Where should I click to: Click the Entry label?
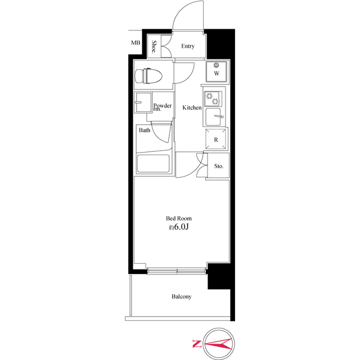(x=188, y=46)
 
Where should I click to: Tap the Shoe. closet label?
(x=154, y=46)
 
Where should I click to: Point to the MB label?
(x=136, y=43)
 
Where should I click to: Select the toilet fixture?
(x=148, y=76)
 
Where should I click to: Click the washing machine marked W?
(x=216, y=71)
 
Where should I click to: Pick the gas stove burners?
(x=213, y=99)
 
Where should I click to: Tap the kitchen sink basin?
(x=213, y=117)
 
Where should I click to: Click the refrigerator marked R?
(x=215, y=139)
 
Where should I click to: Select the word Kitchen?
(x=192, y=107)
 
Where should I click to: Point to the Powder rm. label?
(x=163, y=107)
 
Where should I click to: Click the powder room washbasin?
(x=143, y=102)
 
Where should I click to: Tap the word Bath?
(x=145, y=130)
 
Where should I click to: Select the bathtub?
(x=154, y=164)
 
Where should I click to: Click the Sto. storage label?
(x=219, y=166)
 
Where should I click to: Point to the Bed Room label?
(x=179, y=218)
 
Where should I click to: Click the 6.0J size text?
(x=181, y=227)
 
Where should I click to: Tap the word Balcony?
(x=181, y=296)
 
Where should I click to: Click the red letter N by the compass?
(x=196, y=344)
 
